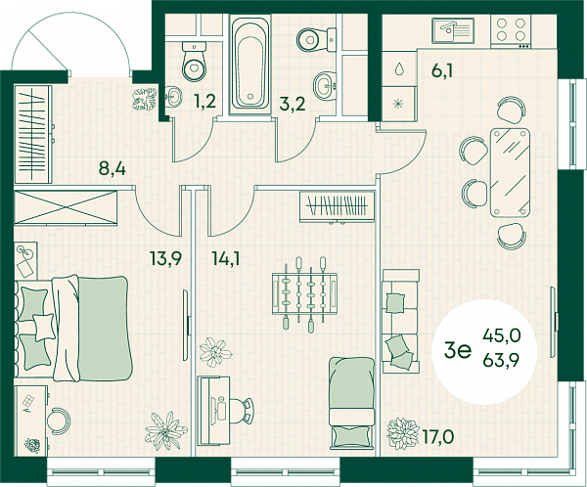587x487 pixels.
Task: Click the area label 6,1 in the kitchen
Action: pos(442,70)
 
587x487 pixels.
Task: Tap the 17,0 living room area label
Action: pos(438,436)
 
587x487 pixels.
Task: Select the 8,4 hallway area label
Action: pos(113,168)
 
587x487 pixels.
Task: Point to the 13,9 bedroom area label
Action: pos(165,258)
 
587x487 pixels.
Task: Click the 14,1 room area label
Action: pos(226,258)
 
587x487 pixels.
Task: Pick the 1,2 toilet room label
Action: pos(204,102)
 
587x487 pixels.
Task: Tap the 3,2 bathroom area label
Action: pos(293,104)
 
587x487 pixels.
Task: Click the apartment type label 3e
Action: pos(458,351)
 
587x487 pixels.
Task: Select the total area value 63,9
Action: pos(501,361)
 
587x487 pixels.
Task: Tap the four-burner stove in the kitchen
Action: pos(511,31)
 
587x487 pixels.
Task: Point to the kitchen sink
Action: pos(453,30)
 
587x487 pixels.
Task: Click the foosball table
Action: pos(304,293)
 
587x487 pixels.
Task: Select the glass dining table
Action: pos(510,172)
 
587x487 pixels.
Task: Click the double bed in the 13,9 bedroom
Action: pos(74,328)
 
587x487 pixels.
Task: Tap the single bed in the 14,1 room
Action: pos(352,402)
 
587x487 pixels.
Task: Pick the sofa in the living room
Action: pos(400,321)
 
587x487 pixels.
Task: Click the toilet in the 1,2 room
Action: pos(195,61)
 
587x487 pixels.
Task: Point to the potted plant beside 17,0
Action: pos(402,433)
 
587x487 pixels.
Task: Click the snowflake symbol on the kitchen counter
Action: pos(398,104)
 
